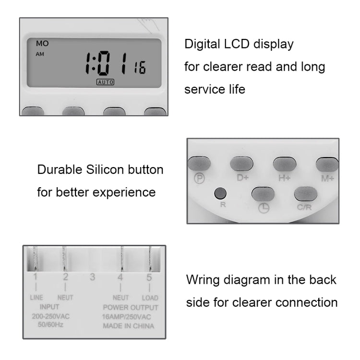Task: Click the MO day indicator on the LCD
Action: click(42, 44)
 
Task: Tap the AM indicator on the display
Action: click(40, 54)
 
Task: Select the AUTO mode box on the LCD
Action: click(105, 82)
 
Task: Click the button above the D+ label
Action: click(242, 164)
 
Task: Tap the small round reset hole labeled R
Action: click(220, 193)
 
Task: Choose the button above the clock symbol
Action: click(263, 194)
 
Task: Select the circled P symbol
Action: click(199, 180)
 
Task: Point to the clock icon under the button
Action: click(263, 209)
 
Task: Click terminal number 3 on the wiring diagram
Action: click(92, 277)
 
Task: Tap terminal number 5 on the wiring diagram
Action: click(149, 277)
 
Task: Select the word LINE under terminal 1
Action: click(36, 298)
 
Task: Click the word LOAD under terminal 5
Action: click(150, 298)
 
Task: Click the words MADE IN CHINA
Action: click(128, 326)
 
